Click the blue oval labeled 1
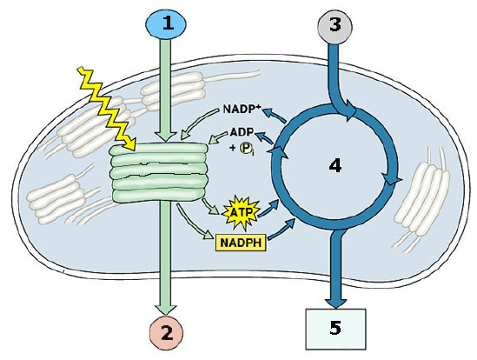(x=166, y=23)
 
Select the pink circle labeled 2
(x=167, y=333)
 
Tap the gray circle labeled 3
(x=335, y=25)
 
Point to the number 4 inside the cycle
(x=335, y=166)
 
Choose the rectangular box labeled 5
(x=335, y=329)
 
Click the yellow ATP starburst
(x=242, y=213)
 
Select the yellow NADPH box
(x=241, y=243)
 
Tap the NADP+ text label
(x=242, y=109)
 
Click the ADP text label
(x=242, y=132)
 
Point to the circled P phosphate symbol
(x=245, y=149)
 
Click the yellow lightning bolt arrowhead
(x=130, y=144)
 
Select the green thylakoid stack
(x=159, y=172)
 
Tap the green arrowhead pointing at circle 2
(x=166, y=310)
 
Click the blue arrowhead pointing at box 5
(x=336, y=303)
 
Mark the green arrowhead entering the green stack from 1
(x=165, y=137)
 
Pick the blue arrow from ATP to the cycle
(x=268, y=208)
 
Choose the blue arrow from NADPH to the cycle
(x=282, y=229)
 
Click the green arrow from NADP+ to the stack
(x=199, y=124)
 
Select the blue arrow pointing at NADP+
(x=275, y=116)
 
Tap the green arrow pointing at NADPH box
(x=193, y=222)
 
